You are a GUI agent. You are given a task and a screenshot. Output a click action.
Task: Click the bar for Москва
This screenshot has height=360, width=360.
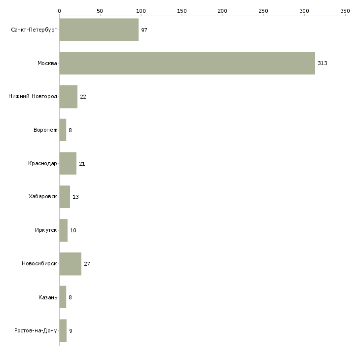(187, 63)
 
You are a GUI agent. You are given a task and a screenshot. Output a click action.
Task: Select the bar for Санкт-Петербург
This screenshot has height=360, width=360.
(99, 30)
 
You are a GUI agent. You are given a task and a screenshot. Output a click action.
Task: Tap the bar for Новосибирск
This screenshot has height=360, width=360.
(70, 264)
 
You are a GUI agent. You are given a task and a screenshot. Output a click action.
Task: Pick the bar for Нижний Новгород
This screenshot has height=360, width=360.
(68, 97)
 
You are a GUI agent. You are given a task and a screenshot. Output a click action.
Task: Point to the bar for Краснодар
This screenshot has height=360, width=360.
(68, 163)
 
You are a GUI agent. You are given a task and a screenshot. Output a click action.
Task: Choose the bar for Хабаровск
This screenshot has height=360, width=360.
(65, 197)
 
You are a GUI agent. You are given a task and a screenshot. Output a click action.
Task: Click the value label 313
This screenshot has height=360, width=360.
(323, 63)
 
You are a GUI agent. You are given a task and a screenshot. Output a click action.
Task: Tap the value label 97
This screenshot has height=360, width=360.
(144, 30)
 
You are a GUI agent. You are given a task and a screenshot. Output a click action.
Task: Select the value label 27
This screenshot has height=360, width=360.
(87, 264)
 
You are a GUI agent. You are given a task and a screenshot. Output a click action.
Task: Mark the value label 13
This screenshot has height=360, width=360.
(75, 197)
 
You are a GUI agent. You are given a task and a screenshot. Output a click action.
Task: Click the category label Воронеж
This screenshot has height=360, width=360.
(45, 130)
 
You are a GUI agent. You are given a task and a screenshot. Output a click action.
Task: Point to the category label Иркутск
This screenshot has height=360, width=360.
(46, 230)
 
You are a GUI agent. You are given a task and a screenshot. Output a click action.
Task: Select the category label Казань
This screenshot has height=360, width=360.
(48, 297)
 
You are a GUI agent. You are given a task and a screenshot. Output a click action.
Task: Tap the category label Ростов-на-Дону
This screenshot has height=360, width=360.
(36, 331)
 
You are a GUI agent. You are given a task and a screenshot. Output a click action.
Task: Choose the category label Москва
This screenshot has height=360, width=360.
(47, 63)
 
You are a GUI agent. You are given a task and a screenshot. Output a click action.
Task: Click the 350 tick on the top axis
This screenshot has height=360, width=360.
(345, 10)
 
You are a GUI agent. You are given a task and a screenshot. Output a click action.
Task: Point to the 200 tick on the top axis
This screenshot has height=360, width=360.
(222, 10)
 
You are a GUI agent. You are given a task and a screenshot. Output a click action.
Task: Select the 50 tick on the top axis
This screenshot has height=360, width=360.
(100, 10)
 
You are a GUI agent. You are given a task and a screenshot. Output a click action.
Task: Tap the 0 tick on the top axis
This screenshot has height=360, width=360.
(59, 10)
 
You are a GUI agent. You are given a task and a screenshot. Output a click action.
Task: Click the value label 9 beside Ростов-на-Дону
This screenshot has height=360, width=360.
(71, 331)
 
